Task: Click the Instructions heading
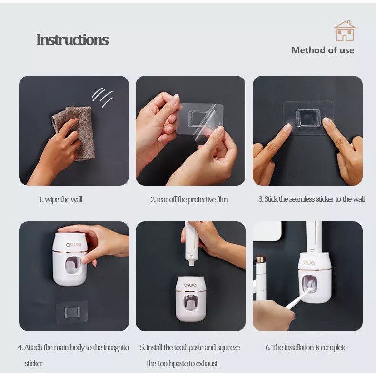(72, 40)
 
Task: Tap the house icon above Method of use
(345, 30)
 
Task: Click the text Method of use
(323, 50)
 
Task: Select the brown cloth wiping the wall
(75, 133)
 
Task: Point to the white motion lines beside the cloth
(102, 97)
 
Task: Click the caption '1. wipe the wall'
(60, 199)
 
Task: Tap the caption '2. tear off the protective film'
(189, 199)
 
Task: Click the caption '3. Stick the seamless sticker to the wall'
(311, 199)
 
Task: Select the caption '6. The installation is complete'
(306, 347)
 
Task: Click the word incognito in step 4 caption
(116, 347)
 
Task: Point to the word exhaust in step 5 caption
(207, 363)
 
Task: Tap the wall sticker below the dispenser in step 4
(72, 312)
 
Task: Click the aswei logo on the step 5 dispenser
(191, 285)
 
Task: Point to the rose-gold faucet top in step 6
(261, 259)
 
